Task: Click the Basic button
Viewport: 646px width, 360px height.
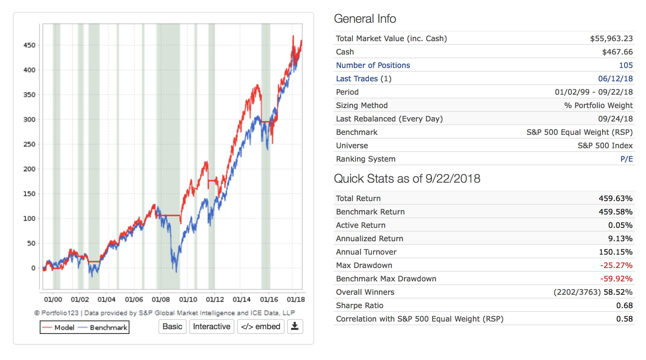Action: pyautogui.click(x=172, y=327)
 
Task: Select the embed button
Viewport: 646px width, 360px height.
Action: pyautogui.click(x=261, y=327)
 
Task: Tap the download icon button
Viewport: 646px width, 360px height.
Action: pyautogui.click(x=295, y=327)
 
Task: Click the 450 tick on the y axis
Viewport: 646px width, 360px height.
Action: pyautogui.click(x=29, y=45)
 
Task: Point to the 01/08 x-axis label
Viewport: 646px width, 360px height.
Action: pyautogui.click(x=161, y=299)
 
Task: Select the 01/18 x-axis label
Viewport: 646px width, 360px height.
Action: pyautogui.click(x=296, y=299)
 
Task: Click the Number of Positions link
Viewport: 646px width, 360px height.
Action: pyautogui.click(x=373, y=65)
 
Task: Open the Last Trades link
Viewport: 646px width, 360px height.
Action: pyautogui.click(x=357, y=79)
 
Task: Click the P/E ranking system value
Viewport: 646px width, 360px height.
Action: pyautogui.click(x=626, y=159)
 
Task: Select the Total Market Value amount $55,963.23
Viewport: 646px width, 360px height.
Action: pyautogui.click(x=611, y=38)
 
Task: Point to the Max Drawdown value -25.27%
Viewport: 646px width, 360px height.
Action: pyautogui.click(x=616, y=265)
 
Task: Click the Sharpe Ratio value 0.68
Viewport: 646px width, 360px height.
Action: pyautogui.click(x=624, y=305)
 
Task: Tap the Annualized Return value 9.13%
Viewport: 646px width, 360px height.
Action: pyautogui.click(x=620, y=239)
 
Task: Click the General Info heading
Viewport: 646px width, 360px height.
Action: pyautogui.click(x=365, y=19)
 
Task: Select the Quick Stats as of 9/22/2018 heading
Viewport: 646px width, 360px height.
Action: pyautogui.click(x=407, y=179)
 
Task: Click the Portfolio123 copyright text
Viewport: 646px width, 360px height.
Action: pyautogui.click(x=164, y=313)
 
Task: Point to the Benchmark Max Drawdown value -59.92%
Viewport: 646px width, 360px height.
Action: pyautogui.click(x=616, y=279)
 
